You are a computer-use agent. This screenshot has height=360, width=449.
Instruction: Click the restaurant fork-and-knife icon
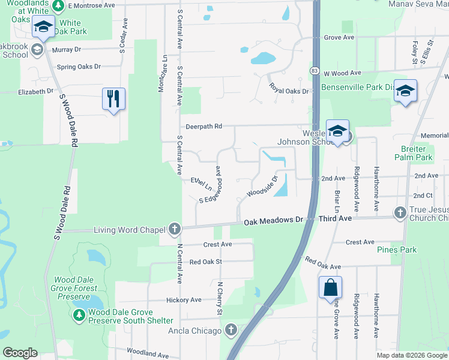point(114,97)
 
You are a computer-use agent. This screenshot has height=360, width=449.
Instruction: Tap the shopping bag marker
point(330,287)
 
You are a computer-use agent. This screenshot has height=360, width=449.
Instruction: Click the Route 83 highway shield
point(315,71)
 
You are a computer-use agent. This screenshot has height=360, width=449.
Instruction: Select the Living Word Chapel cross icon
point(174,229)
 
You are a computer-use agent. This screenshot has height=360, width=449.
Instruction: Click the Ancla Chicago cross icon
point(231,330)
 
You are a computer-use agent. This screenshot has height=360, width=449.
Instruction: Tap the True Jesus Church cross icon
point(400,212)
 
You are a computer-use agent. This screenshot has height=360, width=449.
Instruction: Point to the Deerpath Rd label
point(204,127)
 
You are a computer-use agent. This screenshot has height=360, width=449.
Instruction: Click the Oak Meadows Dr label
point(273,221)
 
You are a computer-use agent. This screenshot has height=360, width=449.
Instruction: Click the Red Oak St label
point(206,262)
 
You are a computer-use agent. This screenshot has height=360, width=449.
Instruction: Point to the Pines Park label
point(396,250)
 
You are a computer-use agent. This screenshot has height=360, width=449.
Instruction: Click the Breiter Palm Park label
point(414,153)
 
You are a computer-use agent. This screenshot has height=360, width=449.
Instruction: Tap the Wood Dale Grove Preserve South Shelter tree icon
point(79,316)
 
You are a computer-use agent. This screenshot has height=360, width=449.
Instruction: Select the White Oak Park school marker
point(43,27)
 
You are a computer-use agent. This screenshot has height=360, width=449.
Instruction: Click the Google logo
point(20,353)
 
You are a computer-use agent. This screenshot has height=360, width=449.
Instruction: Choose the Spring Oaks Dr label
point(79,67)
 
